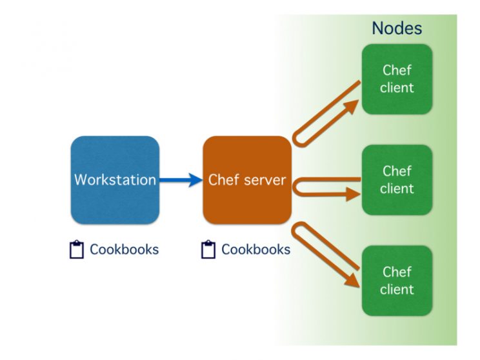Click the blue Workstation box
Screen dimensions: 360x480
[x=114, y=180]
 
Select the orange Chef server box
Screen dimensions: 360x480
[x=247, y=180]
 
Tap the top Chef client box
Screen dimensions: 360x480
[x=396, y=79]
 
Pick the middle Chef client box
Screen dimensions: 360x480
[x=396, y=180]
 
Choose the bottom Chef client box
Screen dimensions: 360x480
[x=396, y=281]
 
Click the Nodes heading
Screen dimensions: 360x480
[x=397, y=28]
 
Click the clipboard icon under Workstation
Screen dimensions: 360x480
[x=77, y=250]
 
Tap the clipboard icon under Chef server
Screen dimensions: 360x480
[x=208, y=250]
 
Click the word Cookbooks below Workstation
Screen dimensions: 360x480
[x=124, y=250]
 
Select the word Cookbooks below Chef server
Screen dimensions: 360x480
[x=255, y=250]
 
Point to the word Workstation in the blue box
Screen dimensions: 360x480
[x=115, y=180]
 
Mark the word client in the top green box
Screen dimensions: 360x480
[x=396, y=88]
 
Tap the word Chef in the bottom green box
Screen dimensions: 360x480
[x=396, y=272]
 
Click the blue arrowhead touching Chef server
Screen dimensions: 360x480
[x=195, y=180]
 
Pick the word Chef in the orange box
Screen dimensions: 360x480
[x=223, y=180]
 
